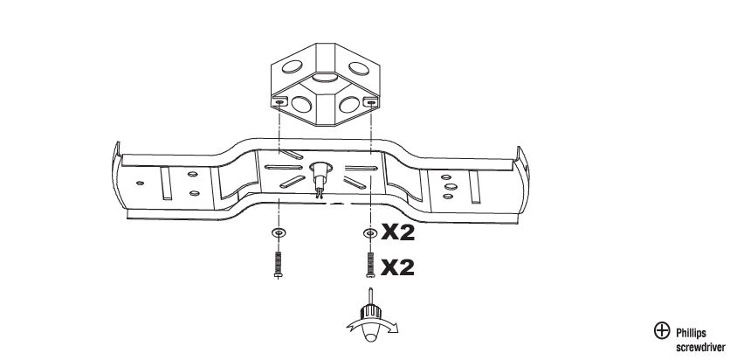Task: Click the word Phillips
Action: coord(691,332)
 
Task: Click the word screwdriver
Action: coord(696,345)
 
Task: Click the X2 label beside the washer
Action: coord(396,233)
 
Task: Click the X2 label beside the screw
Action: coord(396,267)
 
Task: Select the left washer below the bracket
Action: coord(278,232)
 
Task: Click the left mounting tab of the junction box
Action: coord(279,102)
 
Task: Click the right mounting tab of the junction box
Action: coord(371,102)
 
